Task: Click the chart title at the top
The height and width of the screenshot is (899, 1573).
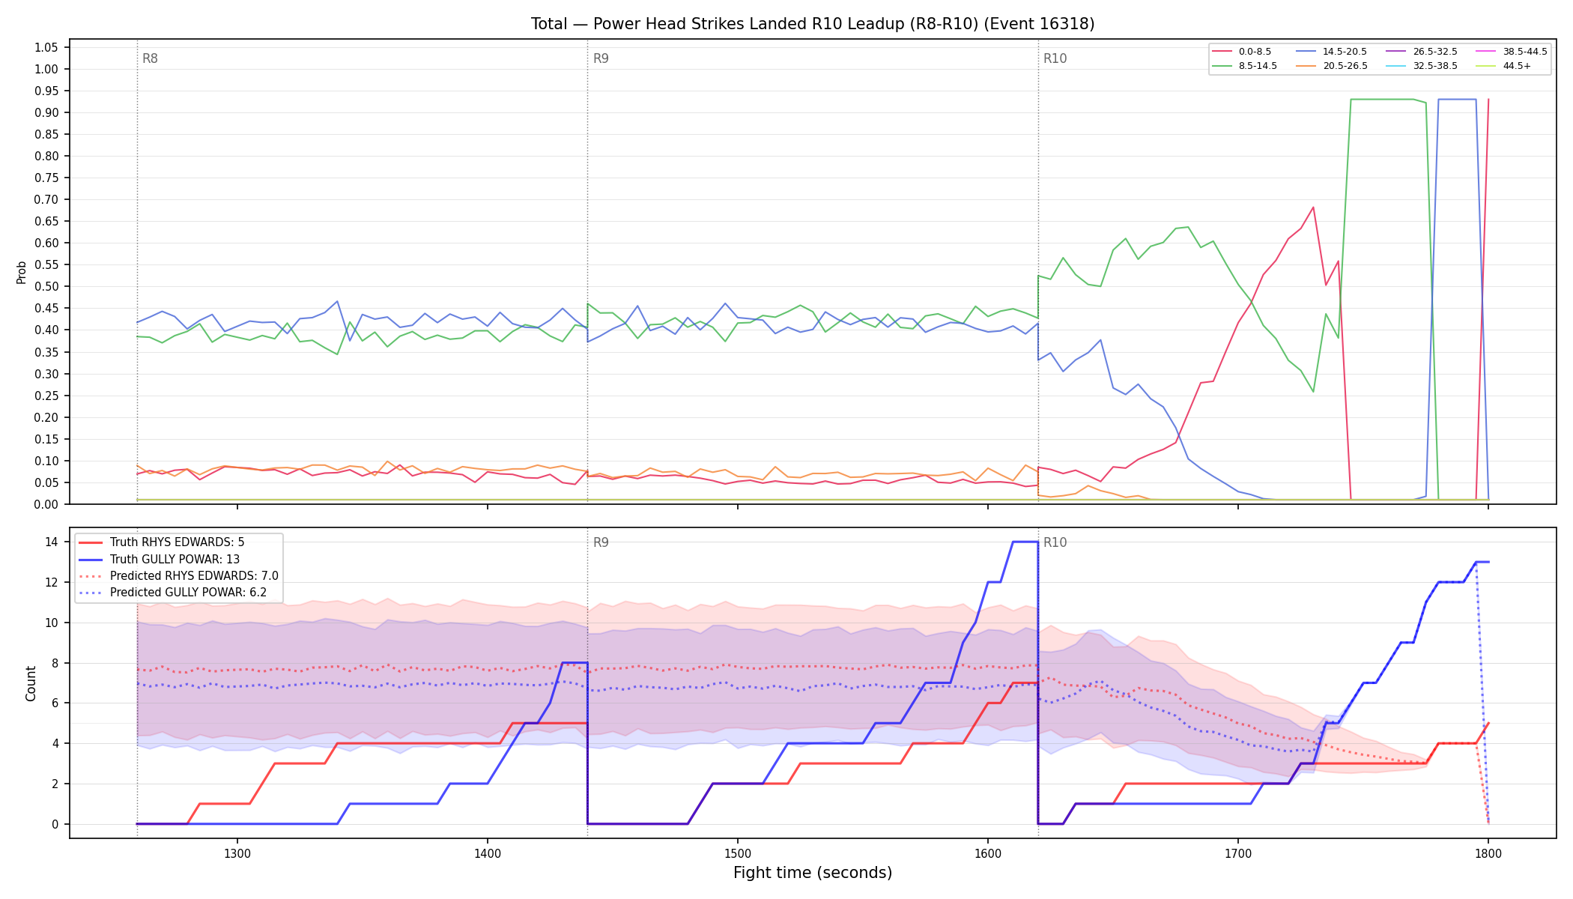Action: (813, 24)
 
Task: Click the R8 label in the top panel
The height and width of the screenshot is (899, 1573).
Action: (150, 58)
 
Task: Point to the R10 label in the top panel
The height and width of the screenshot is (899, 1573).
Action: (1055, 58)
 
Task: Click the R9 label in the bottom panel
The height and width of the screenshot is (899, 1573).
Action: (601, 542)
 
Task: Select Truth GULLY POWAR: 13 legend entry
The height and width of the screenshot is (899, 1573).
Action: (175, 559)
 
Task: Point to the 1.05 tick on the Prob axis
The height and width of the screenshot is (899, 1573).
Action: (46, 47)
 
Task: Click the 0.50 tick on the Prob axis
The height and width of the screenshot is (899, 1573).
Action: (46, 287)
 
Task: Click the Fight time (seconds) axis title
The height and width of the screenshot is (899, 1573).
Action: (813, 874)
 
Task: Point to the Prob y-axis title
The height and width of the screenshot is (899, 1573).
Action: (21, 272)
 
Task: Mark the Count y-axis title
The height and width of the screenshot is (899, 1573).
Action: (31, 683)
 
